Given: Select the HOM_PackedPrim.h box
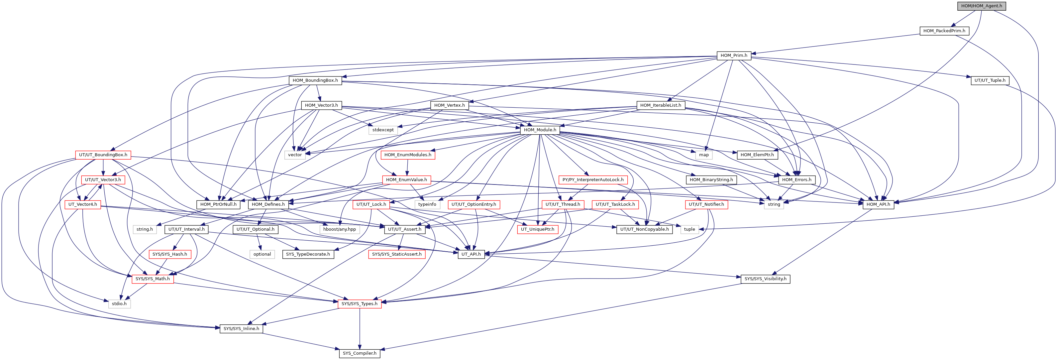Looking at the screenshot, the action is tap(944, 31).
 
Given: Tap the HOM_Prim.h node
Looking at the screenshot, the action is tap(734, 56).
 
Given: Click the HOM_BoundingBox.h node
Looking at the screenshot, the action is tap(315, 80).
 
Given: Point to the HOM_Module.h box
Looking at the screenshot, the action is tap(540, 130).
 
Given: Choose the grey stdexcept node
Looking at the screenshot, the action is tap(383, 130).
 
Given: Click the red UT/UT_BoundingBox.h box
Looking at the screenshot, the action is tap(103, 155).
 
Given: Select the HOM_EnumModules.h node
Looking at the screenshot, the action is tap(408, 155).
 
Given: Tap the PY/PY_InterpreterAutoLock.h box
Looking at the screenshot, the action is tap(593, 180).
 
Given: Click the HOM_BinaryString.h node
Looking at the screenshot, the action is tap(711, 180).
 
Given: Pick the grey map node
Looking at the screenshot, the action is tap(704, 155).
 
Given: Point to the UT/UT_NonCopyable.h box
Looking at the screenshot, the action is tap(644, 229).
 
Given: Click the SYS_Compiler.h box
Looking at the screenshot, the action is tap(360, 353).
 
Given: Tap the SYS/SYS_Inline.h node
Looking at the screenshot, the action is tap(241, 329).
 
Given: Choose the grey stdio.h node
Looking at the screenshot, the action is tap(119, 304).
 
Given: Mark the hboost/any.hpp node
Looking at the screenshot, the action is tap(339, 229).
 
